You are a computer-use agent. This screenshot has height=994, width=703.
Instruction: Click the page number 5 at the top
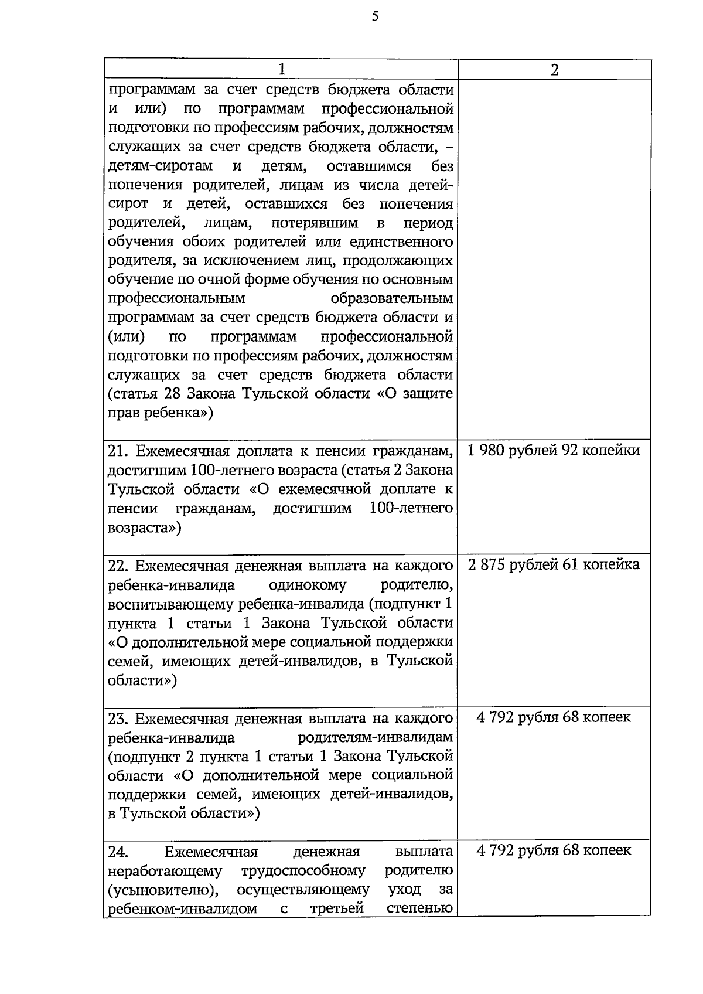(375, 17)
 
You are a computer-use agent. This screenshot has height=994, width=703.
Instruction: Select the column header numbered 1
(282, 70)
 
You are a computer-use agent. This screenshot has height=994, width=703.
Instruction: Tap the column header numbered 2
(554, 70)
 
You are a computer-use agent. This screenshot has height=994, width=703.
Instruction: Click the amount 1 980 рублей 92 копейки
(554, 451)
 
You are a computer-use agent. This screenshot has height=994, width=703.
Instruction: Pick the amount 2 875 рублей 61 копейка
(554, 565)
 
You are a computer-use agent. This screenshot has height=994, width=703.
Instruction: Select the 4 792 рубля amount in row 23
(554, 717)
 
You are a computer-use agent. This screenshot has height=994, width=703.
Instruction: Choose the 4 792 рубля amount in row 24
(554, 851)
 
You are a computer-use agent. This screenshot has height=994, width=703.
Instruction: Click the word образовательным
(391, 299)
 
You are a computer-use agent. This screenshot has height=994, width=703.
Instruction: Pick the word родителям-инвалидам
(376, 737)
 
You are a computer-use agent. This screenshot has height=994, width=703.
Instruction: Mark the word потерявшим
(315, 223)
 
